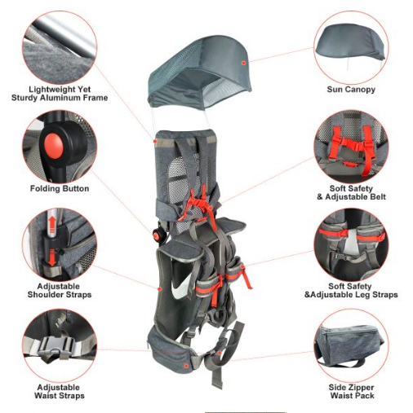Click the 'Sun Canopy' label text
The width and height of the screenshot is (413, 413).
click(351, 90)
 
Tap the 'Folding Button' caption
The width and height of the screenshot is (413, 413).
click(60, 188)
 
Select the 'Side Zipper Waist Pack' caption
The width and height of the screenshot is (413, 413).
click(352, 391)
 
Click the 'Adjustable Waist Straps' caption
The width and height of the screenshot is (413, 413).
click(60, 391)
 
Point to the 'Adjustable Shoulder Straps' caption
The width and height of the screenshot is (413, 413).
click(60, 291)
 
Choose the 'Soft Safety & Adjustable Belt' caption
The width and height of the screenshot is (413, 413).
click(351, 192)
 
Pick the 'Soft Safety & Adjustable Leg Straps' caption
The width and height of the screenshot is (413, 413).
click(351, 291)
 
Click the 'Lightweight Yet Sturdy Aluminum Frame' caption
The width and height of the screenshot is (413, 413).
click(60, 94)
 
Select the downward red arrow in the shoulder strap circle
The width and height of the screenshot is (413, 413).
click(52, 257)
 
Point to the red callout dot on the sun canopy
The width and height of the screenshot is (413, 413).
click(244, 63)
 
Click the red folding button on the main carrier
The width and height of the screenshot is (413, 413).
click(157, 235)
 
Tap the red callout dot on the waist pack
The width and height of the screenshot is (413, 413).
click(186, 366)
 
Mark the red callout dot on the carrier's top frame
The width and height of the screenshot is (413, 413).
click(155, 142)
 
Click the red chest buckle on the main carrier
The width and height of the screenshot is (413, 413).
click(199, 203)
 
